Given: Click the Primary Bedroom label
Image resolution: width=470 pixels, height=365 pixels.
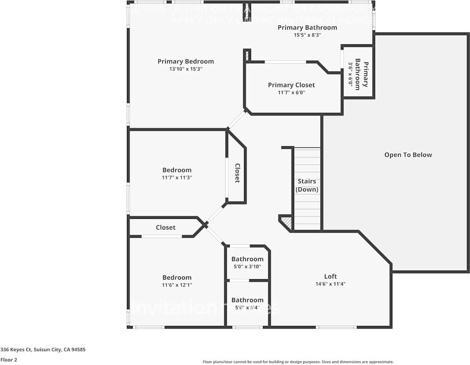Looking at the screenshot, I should click(186, 62).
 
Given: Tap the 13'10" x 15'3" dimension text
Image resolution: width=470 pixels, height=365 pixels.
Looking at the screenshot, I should click(186, 69).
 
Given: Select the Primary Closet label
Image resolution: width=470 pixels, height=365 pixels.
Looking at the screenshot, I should click(291, 85).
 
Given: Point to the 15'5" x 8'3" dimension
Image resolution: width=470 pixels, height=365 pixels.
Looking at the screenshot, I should click(307, 35).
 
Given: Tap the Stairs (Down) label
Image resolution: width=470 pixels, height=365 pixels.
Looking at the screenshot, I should click(307, 185).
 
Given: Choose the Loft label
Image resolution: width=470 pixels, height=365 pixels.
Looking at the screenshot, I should click(330, 276).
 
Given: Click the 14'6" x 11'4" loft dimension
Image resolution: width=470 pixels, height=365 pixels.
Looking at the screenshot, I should click(330, 284).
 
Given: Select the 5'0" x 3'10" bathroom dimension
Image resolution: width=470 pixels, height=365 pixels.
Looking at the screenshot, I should click(247, 266).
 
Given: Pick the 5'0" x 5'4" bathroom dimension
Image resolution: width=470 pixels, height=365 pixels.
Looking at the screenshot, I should click(247, 308).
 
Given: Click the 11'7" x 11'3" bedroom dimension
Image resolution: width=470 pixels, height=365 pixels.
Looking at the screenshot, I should click(177, 178).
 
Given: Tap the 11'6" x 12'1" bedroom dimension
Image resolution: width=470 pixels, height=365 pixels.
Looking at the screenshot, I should click(177, 285).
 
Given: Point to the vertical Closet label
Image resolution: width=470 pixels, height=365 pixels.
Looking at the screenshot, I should click(237, 173).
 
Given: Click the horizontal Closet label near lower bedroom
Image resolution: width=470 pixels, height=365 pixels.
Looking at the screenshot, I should click(166, 227).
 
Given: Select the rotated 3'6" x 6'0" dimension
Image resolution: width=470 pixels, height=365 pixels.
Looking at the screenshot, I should click(351, 74).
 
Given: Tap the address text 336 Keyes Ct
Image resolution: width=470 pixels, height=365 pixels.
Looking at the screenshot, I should click(43, 350).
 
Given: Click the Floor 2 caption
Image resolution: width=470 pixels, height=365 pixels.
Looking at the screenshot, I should click(9, 360).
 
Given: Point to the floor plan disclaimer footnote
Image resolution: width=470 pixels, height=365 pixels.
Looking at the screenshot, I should click(298, 362).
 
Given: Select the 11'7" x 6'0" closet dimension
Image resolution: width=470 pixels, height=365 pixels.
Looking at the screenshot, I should click(291, 93).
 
